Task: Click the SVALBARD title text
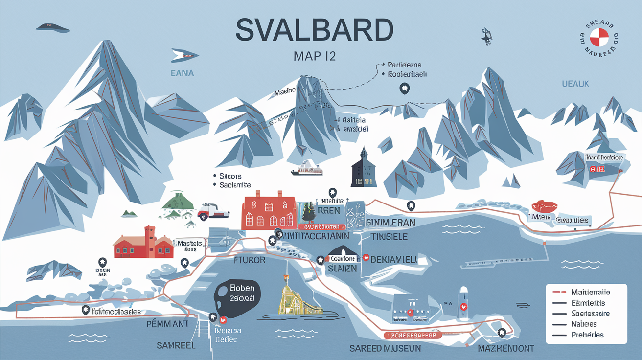coord(314,31)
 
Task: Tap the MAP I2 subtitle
coord(314,56)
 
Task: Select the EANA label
coord(183,74)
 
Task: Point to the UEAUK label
coord(575,84)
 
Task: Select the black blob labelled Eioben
coord(238,294)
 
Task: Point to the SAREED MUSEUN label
coord(385,348)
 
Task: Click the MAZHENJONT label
coord(505,349)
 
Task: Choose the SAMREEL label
coord(176,345)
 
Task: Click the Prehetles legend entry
coord(587,335)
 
